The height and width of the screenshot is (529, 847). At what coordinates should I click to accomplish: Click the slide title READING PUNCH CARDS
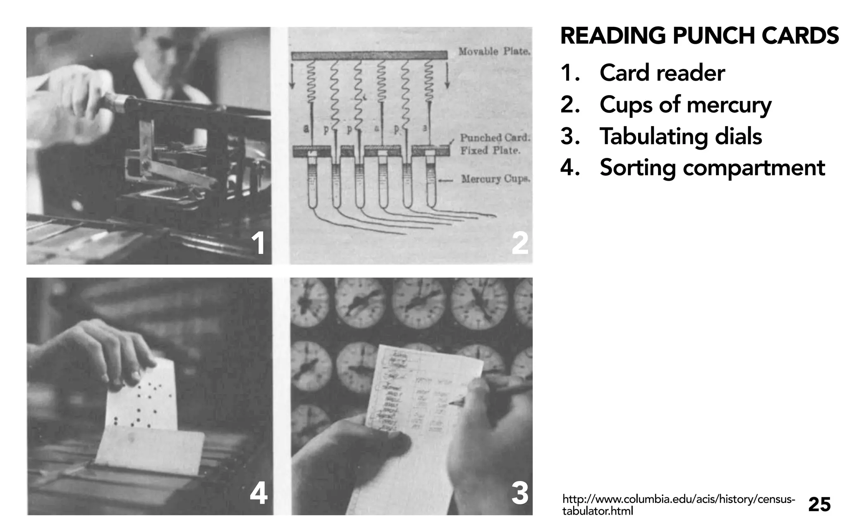coord(699,36)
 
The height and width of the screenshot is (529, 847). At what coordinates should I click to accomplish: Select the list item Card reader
coord(662,73)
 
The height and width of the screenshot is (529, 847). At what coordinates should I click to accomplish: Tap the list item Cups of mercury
coord(685,105)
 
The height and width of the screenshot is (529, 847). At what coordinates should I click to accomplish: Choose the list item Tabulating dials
coord(680,136)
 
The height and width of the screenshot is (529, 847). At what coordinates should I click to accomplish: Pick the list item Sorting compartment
coord(712,168)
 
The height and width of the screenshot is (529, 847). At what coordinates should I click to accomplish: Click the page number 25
coord(819,505)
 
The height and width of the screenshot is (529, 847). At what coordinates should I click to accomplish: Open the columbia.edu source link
coord(678,505)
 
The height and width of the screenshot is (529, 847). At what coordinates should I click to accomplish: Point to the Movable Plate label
coord(494,52)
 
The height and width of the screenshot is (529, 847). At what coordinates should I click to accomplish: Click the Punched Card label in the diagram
coord(495,138)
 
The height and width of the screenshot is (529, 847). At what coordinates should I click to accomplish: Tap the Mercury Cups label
coord(495,179)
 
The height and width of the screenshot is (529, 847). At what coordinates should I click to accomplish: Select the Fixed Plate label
coord(490,150)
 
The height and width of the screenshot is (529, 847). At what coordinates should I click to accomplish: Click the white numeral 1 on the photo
coord(259,243)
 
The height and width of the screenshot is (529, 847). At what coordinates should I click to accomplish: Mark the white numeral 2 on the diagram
coord(519,243)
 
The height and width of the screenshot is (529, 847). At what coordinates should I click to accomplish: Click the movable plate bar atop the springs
coord(369,55)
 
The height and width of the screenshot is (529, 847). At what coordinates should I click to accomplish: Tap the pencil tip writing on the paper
coord(450,403)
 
